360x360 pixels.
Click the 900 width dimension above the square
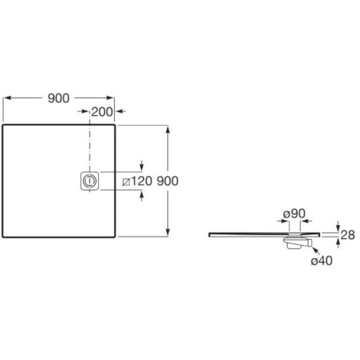58,98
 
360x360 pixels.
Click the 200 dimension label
102,112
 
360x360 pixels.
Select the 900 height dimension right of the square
168,181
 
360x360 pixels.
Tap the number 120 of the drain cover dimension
142,181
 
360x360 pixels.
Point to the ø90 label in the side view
294,214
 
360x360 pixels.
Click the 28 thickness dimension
348,235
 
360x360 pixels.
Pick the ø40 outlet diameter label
322,260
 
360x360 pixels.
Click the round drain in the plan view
90,181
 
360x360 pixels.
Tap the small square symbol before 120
126,182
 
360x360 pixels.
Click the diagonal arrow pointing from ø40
316,251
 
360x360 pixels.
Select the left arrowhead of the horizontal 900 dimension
8,98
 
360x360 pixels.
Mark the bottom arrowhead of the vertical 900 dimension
168,232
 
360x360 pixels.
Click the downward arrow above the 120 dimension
142,165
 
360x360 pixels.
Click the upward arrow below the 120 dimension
142,196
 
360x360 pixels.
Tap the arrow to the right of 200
120,111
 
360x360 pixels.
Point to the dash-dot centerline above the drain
90,146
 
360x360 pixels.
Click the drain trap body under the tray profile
297,243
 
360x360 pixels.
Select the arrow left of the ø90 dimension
283,221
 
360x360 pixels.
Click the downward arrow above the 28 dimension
338,226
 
